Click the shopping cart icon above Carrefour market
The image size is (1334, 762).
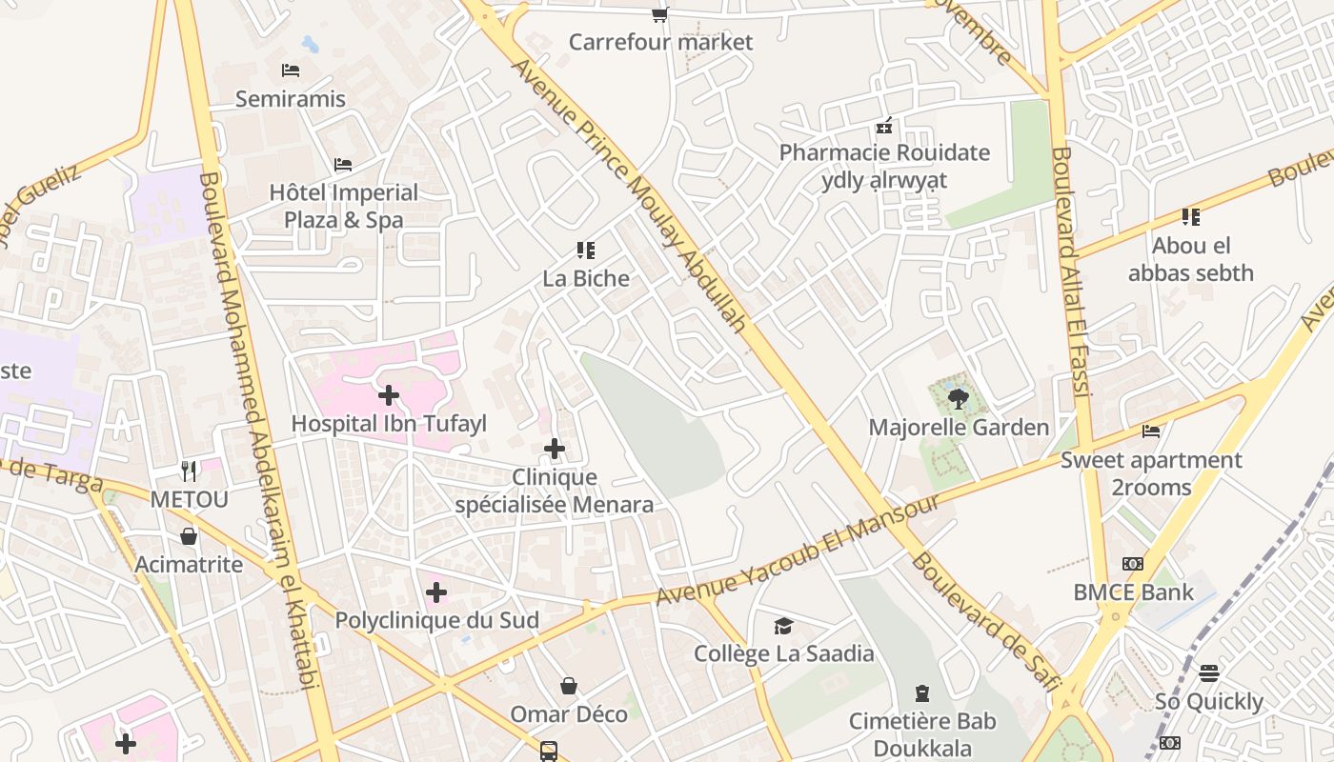pos(659,14)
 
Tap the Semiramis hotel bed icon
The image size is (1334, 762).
pos(291,70)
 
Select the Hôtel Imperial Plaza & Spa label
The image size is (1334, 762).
pos(344,206)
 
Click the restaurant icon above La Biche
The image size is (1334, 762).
pos(586,251)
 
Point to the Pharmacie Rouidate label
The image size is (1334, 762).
pos(885,152)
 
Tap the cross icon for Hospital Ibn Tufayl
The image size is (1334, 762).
pos(389,394)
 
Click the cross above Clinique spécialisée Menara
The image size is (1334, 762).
pos(555,449)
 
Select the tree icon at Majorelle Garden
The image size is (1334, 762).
pos(959,399)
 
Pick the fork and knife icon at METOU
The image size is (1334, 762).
pos(189,471)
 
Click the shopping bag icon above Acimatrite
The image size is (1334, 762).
pos(189,536)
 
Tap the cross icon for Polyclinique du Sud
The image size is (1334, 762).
pos(436,592)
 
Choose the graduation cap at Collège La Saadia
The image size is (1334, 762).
pos(783,626)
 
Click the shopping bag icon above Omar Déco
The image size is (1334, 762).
pos(569,686)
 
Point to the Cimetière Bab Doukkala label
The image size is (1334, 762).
pos(922,734)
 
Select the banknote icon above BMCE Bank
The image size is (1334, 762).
pos(1133,564)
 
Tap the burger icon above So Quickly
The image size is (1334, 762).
pos(1209,673)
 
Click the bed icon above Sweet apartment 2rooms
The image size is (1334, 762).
pos(1151,431)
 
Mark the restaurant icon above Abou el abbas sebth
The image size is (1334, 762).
pos(1190,217)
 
